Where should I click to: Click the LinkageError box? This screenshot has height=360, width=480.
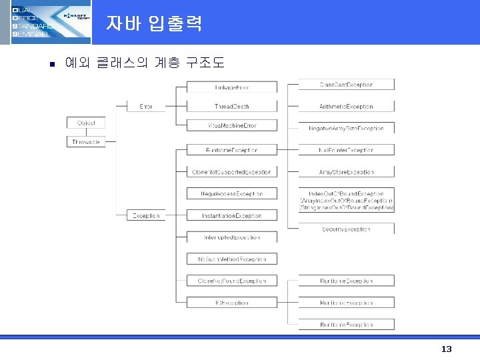(231, 87)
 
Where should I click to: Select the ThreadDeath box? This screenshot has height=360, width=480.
(231, 107)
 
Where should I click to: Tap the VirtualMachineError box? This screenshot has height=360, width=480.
(231, 125)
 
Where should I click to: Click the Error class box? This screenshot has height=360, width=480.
(145, 107)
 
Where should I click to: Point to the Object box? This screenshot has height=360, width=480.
(86, 123)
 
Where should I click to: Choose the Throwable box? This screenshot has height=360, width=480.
(86, 141)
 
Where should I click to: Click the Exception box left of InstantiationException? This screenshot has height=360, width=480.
(145, 215)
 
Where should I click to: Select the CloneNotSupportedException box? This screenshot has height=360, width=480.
(231, 172)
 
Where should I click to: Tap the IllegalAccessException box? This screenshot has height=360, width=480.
(231, 194)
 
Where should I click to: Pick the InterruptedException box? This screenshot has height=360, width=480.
(231, 237)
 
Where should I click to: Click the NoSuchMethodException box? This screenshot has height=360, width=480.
(231, 259)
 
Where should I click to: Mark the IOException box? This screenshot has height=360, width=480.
(231, 303)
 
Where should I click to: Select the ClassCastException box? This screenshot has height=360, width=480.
(346, 85)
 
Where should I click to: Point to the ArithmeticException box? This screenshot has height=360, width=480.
(346, 107)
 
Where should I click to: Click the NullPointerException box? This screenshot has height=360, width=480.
(346, 150)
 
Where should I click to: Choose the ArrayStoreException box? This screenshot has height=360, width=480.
(346, 172)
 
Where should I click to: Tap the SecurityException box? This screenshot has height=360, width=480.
(346, 229)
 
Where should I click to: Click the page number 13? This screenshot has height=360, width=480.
(446, 349)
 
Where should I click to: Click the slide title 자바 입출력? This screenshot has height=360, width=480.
(153, 24)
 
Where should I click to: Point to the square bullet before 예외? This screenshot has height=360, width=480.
(42, 65)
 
